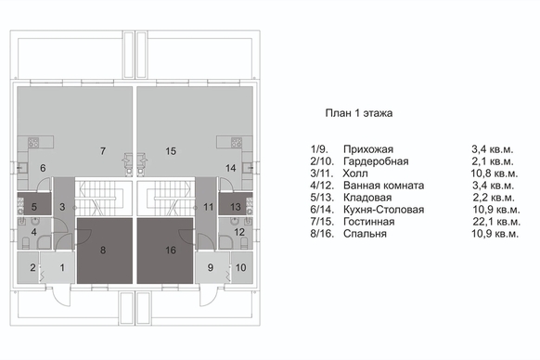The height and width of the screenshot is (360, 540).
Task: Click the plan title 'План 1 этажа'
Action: point(359,113)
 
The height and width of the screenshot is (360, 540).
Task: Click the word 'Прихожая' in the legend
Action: point(368,149)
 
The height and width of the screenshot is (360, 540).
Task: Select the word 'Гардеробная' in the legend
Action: point(376,161)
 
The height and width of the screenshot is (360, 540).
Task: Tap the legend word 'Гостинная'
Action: point(369,222)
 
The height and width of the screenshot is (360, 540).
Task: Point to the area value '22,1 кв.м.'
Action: point(496,222)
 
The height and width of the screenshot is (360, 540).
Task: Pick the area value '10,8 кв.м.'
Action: point(495,174)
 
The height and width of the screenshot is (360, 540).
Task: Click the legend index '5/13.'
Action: point(322,198)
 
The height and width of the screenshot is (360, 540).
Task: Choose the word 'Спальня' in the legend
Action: point(365,234)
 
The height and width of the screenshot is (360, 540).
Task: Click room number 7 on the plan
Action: point(103,151)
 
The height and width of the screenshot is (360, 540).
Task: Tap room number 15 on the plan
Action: point(171,151)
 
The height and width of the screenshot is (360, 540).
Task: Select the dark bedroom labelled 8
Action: point(104,251)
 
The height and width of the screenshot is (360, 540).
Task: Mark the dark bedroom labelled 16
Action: point(165,251)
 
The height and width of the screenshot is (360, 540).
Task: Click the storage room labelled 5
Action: point(34,205)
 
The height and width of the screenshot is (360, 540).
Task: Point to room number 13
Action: point(236,207)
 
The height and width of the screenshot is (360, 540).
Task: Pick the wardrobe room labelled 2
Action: point(29,267)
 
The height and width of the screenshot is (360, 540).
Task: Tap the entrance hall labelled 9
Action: point(212,267)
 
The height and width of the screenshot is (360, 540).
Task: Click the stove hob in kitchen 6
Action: point(33,142)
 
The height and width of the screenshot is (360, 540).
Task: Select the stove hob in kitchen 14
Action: point(237,142)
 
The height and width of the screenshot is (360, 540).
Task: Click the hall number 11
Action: point(209,207)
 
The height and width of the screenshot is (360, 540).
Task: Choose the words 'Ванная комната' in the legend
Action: point(383,186)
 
